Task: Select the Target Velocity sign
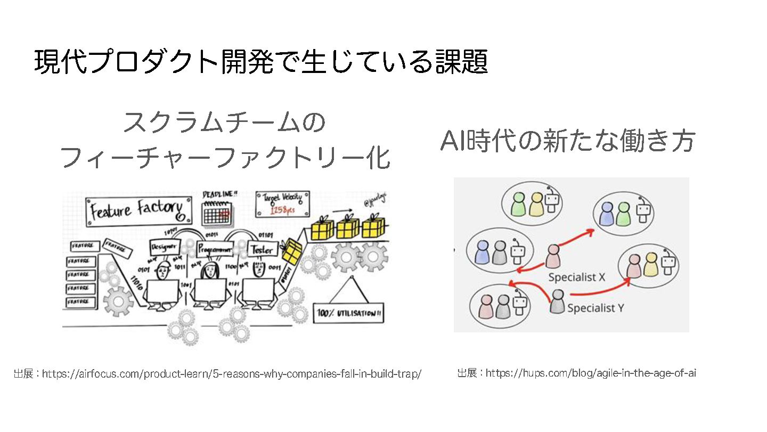click(x=283, y=205)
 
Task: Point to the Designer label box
click(x=165, y=247)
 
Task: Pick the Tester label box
click(x=263, y=249)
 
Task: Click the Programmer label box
click(x=215, y=248)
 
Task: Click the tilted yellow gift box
click(x=291, y=250)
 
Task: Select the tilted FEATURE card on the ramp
click(x=116, y=247)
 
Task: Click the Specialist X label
click(x=577, y=277)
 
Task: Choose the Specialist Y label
click(x=595, y=308)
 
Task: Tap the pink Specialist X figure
click(x=553, y=256)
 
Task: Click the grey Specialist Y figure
click(x=557, y=301)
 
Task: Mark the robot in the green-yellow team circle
click(x=551, y=203)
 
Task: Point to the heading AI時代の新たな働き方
click(x=568, y=142)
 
